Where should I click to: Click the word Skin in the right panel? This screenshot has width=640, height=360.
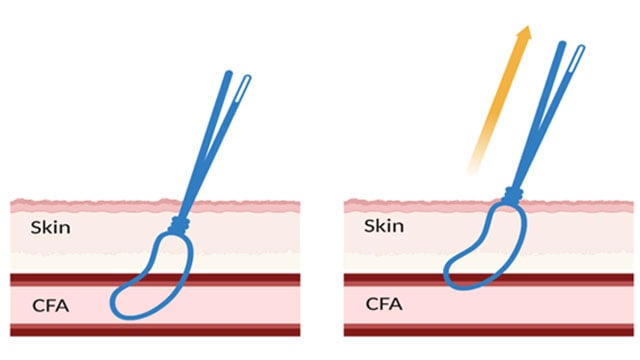coord(385,226)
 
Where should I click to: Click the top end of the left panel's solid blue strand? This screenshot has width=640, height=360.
coord(229,75)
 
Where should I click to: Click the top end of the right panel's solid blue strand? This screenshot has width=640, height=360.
coord(563,46)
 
